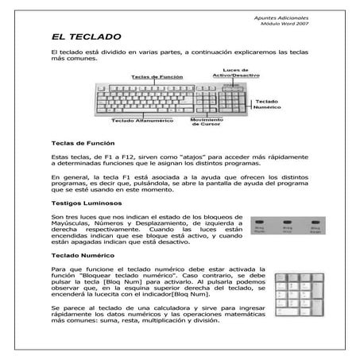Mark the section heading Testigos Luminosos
82,203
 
